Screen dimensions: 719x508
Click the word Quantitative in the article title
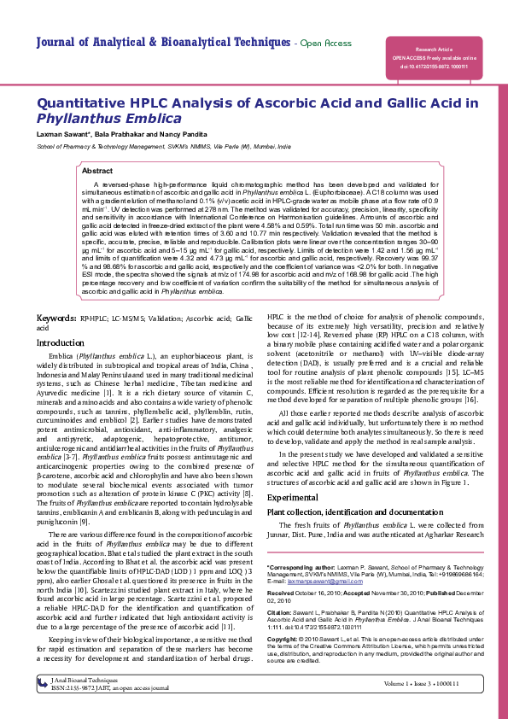pyautogui.click(x=88, y=103)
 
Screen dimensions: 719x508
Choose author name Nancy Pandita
pyautogui.click(x=183, y=135)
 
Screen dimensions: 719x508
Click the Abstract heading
pyautogui.click(x=96, y=172)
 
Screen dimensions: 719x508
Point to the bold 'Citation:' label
pyautogui.click(x=280, y=612)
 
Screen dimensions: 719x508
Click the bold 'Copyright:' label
pyautogui.click(x=283, y=639)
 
